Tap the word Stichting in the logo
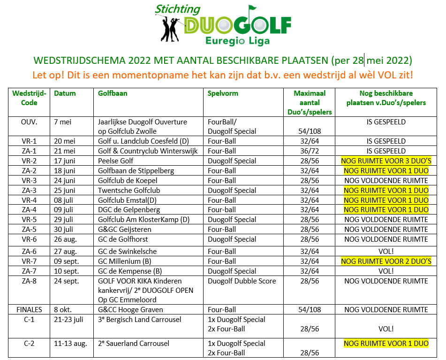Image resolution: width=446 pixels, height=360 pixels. click(178, 9)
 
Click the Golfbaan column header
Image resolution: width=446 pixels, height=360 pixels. click(113, 93)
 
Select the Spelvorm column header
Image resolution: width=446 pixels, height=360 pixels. click(223, 93)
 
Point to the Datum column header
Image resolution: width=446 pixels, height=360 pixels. click(65, 93)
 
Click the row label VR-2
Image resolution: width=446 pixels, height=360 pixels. click(29, 161)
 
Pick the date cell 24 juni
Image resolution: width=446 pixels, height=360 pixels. click(65, 181)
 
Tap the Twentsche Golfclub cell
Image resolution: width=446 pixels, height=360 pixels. click(129, 191)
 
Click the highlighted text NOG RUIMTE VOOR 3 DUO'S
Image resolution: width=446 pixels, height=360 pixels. click(386, 161)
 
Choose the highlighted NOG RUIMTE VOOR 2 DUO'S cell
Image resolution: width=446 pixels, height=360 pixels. click(386, 261)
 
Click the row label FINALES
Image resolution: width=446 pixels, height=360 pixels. click(29, 310)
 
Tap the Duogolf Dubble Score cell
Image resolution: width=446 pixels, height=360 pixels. click(242, 281)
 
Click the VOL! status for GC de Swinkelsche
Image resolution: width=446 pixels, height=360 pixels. click(386, 252)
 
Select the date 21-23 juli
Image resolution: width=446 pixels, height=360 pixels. click(70, 320)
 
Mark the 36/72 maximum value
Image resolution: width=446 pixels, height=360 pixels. click(309, 151)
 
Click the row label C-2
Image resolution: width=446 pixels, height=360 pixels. click(29, 344)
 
